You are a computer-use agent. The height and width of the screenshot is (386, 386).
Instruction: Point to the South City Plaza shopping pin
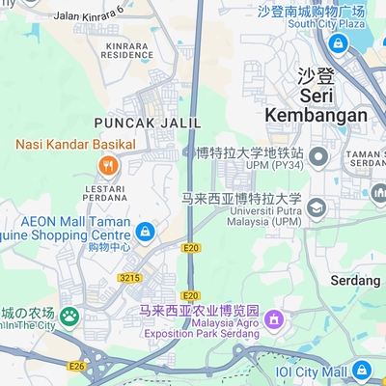[x=337, y=43]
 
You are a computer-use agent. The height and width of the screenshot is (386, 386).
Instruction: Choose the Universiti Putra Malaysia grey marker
[x=317, y=208]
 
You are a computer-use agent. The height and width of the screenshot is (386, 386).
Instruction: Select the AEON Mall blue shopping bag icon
[x=145, y=232]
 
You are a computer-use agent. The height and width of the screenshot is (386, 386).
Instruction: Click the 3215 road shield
[x=129, y=278]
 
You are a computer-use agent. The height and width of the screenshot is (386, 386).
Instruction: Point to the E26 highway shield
[x=77, y=366]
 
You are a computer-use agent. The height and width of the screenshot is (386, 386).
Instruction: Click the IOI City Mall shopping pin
[x=362, y=371]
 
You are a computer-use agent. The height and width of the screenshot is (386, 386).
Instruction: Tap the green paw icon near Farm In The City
[x=69, y=316]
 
